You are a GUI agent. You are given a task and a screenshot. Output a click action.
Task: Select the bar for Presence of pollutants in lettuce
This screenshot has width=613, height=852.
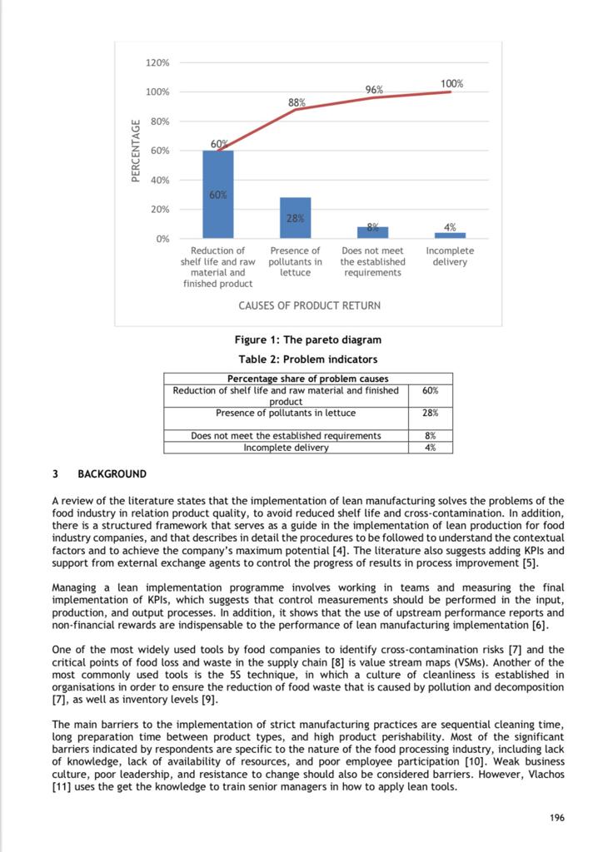pos(295,218)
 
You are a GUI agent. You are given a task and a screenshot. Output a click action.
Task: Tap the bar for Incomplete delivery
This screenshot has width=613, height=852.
pos(450,235)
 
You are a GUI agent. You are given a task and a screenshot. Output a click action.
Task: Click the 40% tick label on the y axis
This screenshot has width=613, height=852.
pos(159,180)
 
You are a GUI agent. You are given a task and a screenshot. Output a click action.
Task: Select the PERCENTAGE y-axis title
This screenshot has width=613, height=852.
pos(136,151)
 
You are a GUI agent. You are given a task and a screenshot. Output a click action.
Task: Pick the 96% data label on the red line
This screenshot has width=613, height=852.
pos(374,89)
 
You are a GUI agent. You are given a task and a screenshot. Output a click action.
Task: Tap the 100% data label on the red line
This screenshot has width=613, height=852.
pos(451,83)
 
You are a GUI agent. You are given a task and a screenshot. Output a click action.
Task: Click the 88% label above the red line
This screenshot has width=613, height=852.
pos(297,102)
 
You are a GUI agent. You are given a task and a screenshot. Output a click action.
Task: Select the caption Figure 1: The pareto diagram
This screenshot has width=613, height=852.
pos(309,340)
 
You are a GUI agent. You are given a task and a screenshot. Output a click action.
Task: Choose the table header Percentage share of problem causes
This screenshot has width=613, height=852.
pos(308,379)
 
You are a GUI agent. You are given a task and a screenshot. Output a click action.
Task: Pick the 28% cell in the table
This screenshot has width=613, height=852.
pos(431,413)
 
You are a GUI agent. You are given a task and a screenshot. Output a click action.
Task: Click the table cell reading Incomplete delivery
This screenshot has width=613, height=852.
pos(286,448)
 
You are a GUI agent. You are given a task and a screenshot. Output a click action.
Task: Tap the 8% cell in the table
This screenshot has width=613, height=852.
pos(431,435)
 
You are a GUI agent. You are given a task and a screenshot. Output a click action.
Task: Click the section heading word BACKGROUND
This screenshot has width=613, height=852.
pos(112,474)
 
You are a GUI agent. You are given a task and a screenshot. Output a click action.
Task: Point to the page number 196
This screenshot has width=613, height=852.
pos(557,818)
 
